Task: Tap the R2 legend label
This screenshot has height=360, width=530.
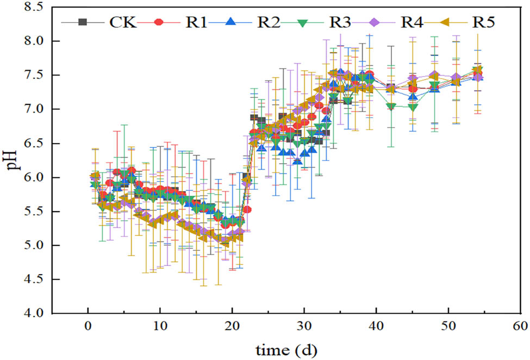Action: [x=269, y=22]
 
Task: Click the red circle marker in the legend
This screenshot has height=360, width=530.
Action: [x=159, y=22]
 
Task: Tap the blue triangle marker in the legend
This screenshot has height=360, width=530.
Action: [x=231, y=22]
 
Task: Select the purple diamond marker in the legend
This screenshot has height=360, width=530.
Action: [x=379, y=22]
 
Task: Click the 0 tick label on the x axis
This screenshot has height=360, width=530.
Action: [x=88, y=327]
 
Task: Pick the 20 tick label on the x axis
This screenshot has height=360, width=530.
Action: [x=232, y=327]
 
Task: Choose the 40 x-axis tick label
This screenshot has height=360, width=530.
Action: [x=376, y=327]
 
